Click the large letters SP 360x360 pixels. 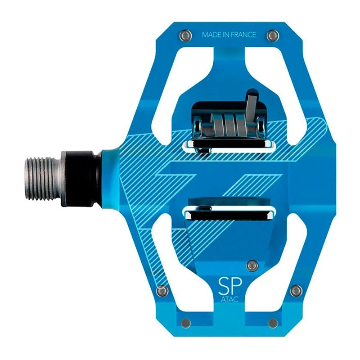[230, 286]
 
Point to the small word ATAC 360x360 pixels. [229, 299]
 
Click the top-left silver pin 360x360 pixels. [185, 35]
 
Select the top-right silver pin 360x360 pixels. [273, 36]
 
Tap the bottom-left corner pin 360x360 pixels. [186, 323]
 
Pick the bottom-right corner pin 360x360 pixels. [273, 323]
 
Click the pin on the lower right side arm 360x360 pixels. [296, 291]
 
